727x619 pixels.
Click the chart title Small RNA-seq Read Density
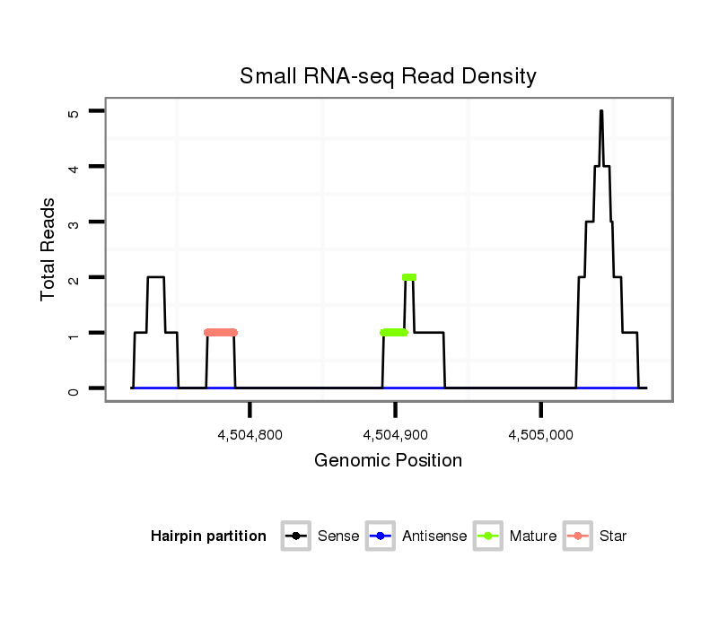click(388, 76)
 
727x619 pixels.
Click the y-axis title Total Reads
click(48, 249)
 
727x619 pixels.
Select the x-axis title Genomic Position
click(388, 461)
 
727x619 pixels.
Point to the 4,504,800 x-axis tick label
click(250, 435)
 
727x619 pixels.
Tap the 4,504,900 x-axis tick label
click(395, 435)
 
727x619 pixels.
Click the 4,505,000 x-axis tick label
click(540, 435)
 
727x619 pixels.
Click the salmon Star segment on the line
click(221, 333)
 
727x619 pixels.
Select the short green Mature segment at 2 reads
click(409, 277)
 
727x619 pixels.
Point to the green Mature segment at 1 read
click(394, 333)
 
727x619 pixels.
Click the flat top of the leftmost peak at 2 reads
click(156, 277)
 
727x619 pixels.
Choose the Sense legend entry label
click(338, 536)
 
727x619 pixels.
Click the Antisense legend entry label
click(434, 536)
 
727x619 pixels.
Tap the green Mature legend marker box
click(489, 536)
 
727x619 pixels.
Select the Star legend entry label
click(613, 536)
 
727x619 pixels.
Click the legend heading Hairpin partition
click(208, 536)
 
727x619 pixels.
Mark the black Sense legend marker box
click(297, 536)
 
